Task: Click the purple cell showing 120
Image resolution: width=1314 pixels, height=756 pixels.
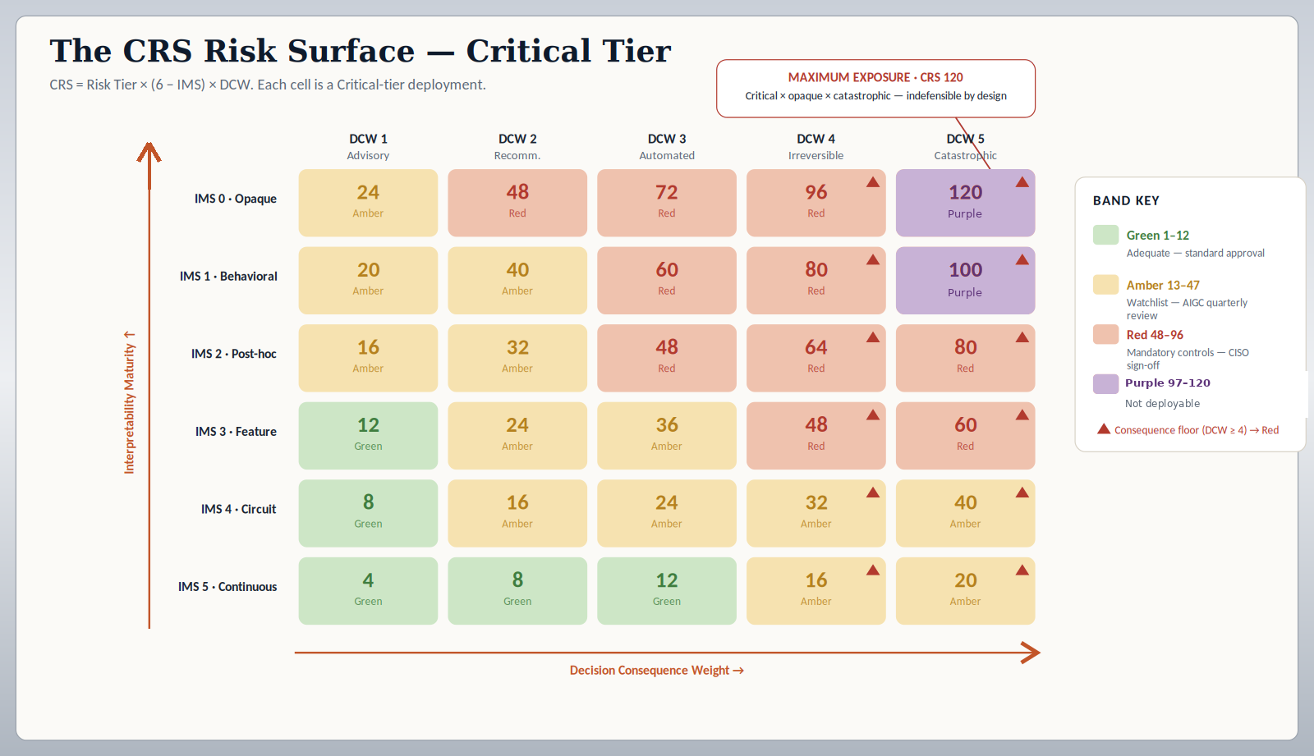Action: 965,203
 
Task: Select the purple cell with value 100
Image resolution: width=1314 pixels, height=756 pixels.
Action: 965,281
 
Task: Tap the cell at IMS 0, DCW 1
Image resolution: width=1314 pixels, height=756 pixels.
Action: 368,203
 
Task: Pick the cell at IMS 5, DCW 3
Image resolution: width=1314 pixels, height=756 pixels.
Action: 666,591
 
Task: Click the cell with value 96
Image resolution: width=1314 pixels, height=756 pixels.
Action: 816,203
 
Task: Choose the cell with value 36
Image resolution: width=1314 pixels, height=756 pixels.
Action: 666,436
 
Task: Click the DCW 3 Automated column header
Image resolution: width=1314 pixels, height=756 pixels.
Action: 666,147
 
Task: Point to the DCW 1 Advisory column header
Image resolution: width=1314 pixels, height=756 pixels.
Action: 368,147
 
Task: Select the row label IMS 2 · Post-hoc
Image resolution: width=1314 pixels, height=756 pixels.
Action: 233,354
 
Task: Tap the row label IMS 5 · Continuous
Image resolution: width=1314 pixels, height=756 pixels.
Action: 227,587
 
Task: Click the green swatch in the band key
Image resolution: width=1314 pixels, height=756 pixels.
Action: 1105,235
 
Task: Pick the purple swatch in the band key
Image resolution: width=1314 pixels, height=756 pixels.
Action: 1105,383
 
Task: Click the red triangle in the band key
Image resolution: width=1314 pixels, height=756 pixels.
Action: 1104,429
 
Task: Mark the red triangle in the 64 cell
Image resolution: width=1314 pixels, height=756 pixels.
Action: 873,337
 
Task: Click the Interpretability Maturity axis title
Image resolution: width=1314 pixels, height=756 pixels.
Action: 129,402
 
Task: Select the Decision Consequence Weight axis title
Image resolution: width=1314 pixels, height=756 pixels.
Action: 656,671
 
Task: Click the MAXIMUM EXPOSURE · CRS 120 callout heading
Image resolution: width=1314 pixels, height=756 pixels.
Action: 875,77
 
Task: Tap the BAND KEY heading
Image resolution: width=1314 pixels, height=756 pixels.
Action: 1126,200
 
